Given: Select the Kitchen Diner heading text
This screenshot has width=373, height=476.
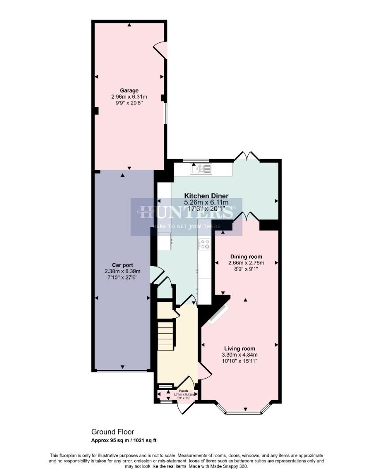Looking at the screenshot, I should pyautogui.click(x=206, y=196).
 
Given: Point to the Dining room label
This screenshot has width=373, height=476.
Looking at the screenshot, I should pyautogui.click(x=246, y=257).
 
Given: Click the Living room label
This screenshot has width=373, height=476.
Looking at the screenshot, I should pyautogui.click(x=239, y=348).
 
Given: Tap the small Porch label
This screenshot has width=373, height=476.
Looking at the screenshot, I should pyautogui.click(x=183, y=390).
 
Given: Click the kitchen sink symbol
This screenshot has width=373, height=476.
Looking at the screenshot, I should pyautogui.click(x=201, y=168).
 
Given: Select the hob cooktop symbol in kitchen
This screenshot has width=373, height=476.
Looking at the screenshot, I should pyautogui.click(x=204, y=244).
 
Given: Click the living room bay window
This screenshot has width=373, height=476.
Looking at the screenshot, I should pyautogui.click(x=244, y=413).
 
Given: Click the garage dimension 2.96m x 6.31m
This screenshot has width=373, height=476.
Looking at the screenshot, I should pyautogui.click(x=129, y=97).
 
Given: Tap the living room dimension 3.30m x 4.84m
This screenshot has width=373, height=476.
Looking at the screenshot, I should pyautogui.click(x=240, y=355).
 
